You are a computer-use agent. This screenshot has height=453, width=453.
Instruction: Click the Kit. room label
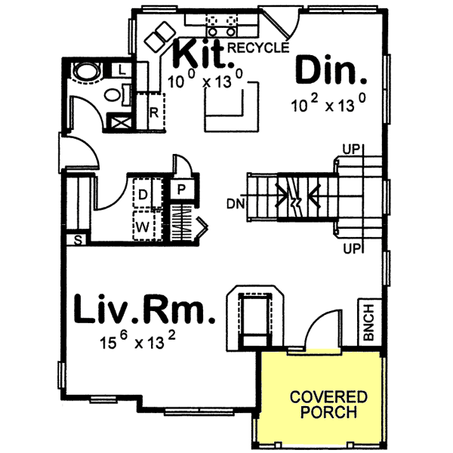click(195, 55)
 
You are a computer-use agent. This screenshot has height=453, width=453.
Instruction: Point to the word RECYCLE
click(258, 48)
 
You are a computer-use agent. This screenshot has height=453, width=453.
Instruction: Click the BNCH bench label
click(368, 322)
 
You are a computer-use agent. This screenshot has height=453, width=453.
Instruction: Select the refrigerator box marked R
click(153, 113)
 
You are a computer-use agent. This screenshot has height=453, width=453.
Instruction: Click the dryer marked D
click(143, 194)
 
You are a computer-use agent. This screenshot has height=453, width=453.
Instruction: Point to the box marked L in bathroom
click(122, 70)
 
